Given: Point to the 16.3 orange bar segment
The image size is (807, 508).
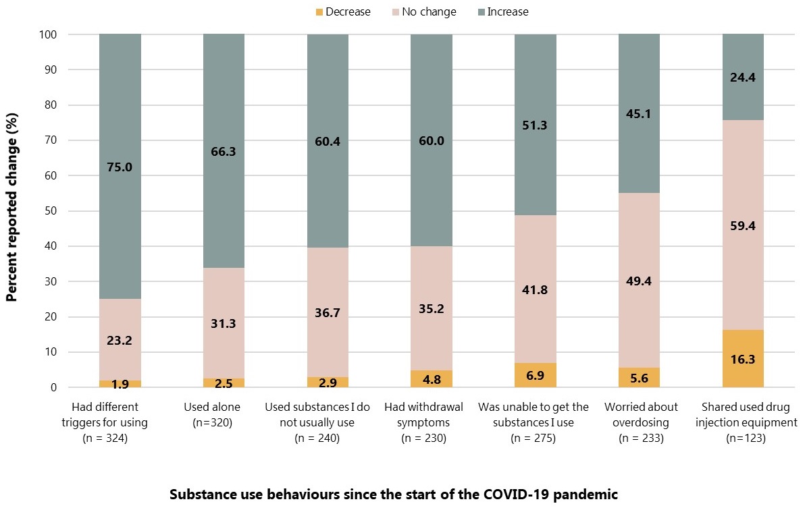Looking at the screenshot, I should [743, 359].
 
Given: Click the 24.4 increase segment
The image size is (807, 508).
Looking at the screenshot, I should [743, 77].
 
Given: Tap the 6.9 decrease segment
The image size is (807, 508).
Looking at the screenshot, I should [535, 375].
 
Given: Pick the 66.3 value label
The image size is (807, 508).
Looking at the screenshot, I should [224, 152].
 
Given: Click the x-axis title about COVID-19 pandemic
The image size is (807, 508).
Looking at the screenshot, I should [393, 494].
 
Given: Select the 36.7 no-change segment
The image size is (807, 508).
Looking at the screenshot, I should [328, 312].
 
